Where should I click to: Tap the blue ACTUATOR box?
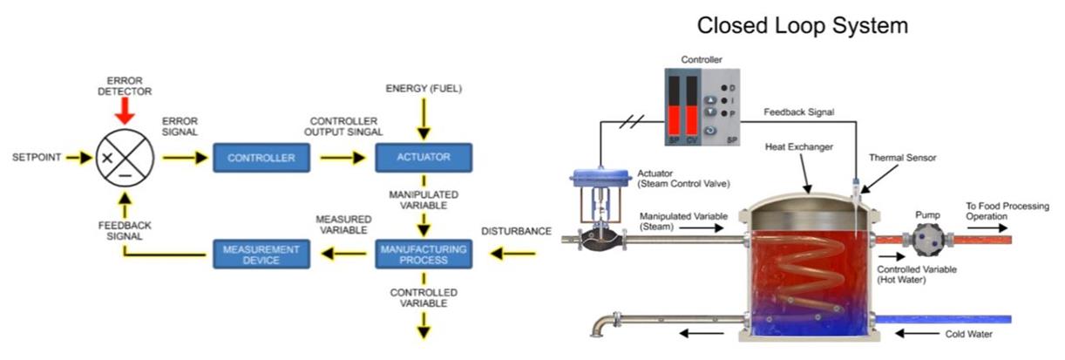(x=424, y=158)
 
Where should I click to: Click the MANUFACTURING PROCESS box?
(x=424, y=255)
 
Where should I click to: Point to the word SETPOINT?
(x=36, y=159)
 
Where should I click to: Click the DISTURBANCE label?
(x=516, y=231)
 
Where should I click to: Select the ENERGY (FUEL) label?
(x=424, y=89)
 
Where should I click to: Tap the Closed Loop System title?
(x=802, y=26)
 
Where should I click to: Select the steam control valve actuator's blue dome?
(x=600, y=177)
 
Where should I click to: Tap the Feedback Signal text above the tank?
(x=798, y=112)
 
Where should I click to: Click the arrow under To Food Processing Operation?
(x=985, y=224)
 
